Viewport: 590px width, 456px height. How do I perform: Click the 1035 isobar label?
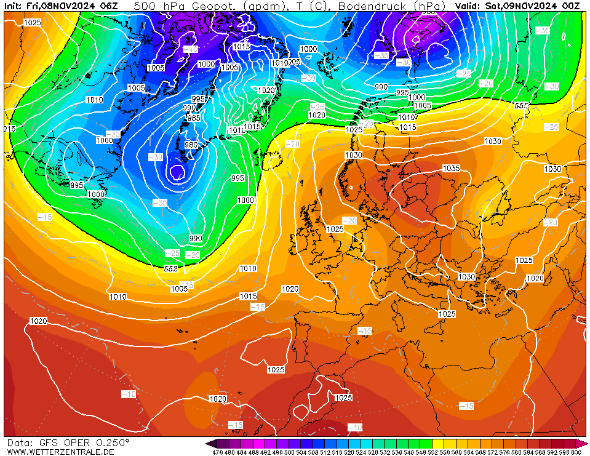[x=451, y=169]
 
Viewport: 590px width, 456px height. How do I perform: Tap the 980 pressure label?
[x=191, y=145]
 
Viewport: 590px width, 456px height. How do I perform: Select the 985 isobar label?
[x=193, y=118]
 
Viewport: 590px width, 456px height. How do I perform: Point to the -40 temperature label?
[x=191, y=49]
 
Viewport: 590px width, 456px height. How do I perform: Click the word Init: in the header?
[x=14, y=6]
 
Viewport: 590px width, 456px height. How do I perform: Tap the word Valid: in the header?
[x=469, y=6]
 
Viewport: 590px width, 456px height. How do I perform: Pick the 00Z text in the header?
[x=570, y=6]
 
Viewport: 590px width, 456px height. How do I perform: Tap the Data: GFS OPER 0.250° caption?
[x=68, y=442]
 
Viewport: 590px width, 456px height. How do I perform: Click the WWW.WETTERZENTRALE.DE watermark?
[x=60, y=452]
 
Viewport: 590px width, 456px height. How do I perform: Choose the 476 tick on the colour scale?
[x=217, y=452]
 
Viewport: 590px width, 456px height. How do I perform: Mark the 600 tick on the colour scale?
[x=576, y=452]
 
